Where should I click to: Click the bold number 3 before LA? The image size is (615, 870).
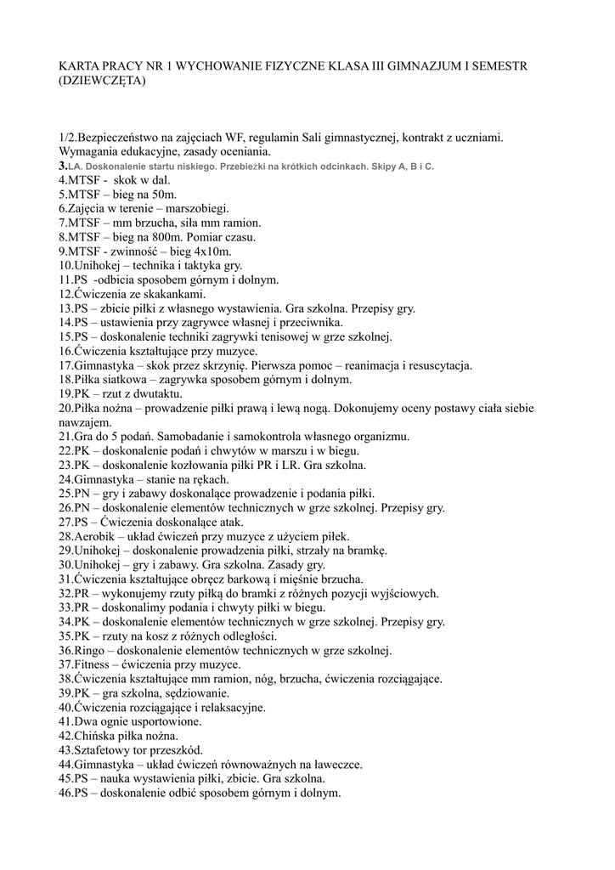tap(62, 167)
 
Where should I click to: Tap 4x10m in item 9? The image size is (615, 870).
tap(208, 251)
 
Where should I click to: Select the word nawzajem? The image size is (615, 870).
tap(85, 422)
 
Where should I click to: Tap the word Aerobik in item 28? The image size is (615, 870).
tap(93, 536)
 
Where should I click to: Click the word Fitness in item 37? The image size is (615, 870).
tap(92, 664)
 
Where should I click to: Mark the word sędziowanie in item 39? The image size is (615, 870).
tap(189, 692)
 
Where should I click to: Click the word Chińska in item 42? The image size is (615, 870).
tap(94, 736)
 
